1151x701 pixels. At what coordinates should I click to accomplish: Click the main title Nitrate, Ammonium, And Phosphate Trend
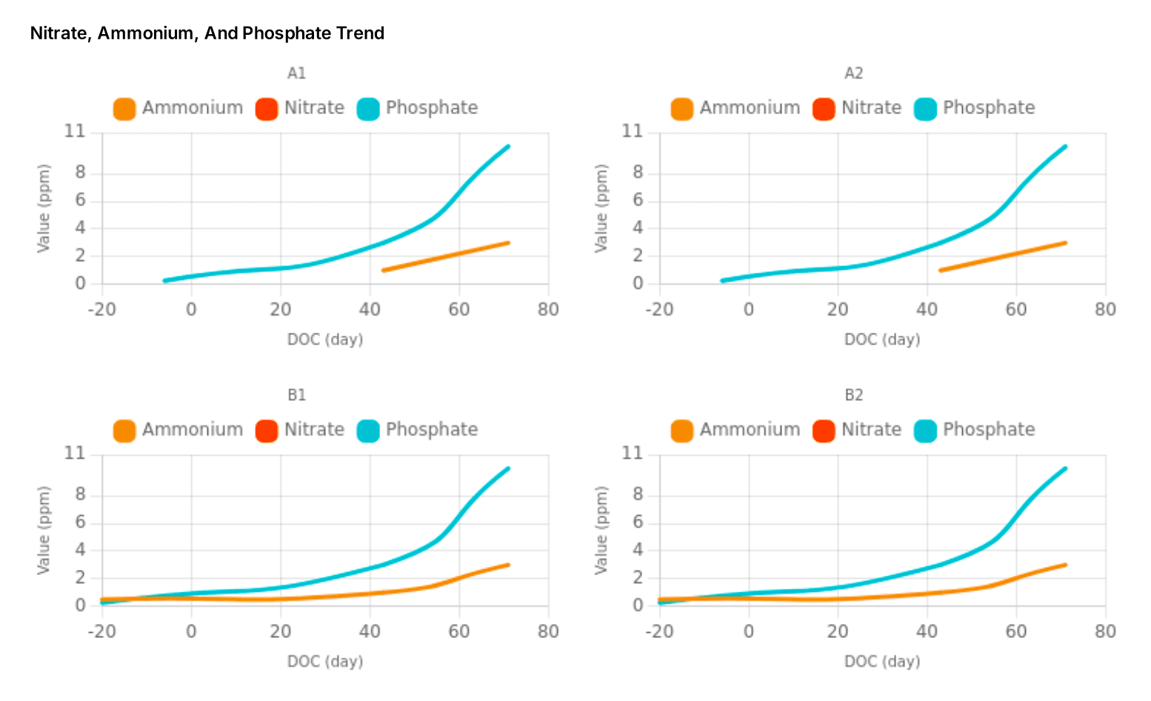pyautogui.click(x=207, y=33)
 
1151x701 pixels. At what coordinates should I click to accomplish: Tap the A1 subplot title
pyautogui.click(x=296, y=73)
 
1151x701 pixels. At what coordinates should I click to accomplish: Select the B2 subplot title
pyautogui.click(x=854, y=395)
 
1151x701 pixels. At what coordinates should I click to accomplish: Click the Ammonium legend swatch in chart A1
pyautogui.click(x=124, y=109)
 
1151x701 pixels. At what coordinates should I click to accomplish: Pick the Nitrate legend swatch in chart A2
pyautogui.click(x=824, y=109)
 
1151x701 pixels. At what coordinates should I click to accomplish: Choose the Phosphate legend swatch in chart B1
pyautogui.click(x=368, y=431)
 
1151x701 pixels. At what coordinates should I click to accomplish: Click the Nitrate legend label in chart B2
pyautogui.click(x=871, y=430)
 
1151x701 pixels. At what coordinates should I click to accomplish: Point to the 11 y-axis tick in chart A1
pyautogui.click(x=75, y=132)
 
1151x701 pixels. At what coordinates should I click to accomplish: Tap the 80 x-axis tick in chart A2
pyautogui.click(x=1105, y=309)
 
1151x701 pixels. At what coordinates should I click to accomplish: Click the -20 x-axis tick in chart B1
pyautogui.click(x=102, y=631)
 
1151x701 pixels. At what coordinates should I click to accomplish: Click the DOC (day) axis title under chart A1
pyautogui.click(x=325, y=339)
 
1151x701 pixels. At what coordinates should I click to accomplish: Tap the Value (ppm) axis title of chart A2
pyautogui.click(x=601, y=208)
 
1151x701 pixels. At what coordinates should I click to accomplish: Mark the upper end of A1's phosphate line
pyautogui.click(x=508, y=147)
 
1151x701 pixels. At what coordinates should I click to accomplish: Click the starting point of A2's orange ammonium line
pyautogui.click(x=940, y=270)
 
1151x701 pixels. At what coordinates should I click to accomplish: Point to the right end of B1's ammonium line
pyautogui.click(x=508, y=565)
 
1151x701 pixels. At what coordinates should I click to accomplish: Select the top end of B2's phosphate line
pyautogui.click(x=1065, y=468)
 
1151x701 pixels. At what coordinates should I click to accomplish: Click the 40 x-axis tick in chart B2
pyautogui.click(x=927, y=631)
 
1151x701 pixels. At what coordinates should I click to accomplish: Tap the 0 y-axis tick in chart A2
pyautogui.click(x=638, y=284)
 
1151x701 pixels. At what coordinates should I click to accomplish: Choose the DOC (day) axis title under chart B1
pyautogui.click(x=325, y=661)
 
